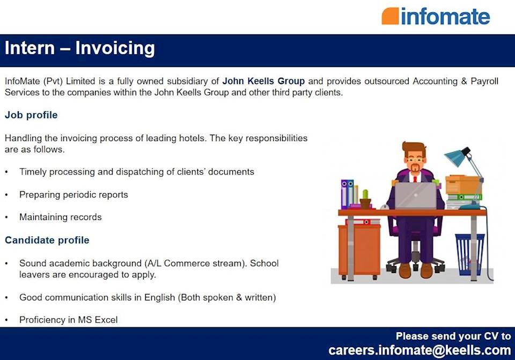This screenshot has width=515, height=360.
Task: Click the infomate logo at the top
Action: pos(436,16)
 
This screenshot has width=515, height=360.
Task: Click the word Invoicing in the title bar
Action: pos(115,48)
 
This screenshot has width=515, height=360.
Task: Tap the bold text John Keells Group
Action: pos(263,82)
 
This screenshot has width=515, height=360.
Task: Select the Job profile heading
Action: pos(31,115)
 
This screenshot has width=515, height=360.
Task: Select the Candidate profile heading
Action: pos(47,240)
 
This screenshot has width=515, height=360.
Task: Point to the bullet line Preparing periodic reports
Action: pos(73,195)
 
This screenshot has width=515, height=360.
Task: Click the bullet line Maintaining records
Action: pos(60,217)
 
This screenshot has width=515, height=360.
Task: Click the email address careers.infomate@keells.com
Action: pos(420,350)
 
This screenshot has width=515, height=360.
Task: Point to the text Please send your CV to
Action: pos(453,336)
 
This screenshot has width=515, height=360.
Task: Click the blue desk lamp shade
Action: pos(455,158)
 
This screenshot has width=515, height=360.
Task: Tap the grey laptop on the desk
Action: pos(415,196)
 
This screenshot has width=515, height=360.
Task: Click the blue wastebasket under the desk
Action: pos(469,254)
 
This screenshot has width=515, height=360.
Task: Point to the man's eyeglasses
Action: pos(414,159)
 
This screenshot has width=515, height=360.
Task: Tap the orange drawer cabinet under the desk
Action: pos(359,249)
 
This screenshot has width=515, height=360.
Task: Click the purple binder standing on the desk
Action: pos(345,194)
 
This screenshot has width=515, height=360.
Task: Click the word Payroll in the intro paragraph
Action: pos(484,82)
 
